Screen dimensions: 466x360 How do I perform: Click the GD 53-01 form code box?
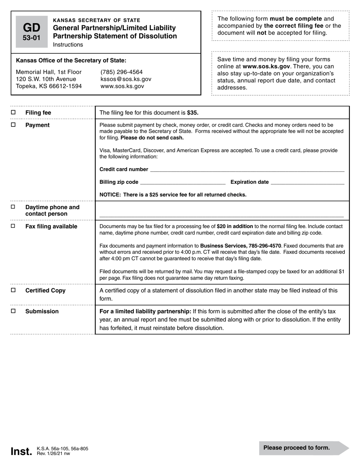tap(31, 32)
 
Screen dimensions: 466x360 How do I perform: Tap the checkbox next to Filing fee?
tap(13, 113)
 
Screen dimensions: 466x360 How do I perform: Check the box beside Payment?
tap(13, 125)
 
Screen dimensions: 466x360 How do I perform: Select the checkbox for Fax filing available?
tap(13, 226)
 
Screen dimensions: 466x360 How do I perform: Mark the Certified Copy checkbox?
tap(13, 290)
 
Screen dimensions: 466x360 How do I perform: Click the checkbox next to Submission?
tap(13, 311)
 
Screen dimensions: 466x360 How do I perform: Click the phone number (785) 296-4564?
tap(122, 72)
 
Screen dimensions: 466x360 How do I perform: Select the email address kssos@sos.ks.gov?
tap(126, 79)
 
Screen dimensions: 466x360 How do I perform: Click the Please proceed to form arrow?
tap(303, 448)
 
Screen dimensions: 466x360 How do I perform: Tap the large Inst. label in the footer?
tap(21, 451)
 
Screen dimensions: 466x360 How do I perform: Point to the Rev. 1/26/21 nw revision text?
tap(53, 453)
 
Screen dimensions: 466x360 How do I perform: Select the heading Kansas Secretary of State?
tap(97, 20)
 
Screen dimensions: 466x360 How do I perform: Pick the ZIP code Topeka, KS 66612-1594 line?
tap(49, 86)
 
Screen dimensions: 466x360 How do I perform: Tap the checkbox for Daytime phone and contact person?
tap(13, 207)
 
